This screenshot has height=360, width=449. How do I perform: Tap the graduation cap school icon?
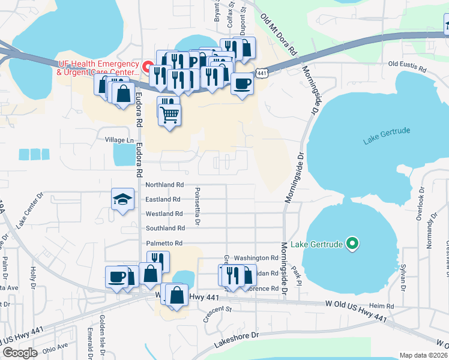(122, 199)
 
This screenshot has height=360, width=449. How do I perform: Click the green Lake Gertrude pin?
(354, 244)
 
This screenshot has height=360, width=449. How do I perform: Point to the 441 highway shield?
(261, 73)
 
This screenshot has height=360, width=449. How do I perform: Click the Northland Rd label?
(164, 185)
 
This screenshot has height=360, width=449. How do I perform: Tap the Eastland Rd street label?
(163, 199)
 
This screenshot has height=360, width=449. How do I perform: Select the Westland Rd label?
(164, 214)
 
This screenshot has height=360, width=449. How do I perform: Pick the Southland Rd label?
(165, 228)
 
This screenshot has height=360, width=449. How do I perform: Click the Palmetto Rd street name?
(163, 243)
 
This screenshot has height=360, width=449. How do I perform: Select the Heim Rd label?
(382, 306)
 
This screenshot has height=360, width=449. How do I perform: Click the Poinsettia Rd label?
(196, 207)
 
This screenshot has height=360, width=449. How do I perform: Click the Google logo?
(20, 353)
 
